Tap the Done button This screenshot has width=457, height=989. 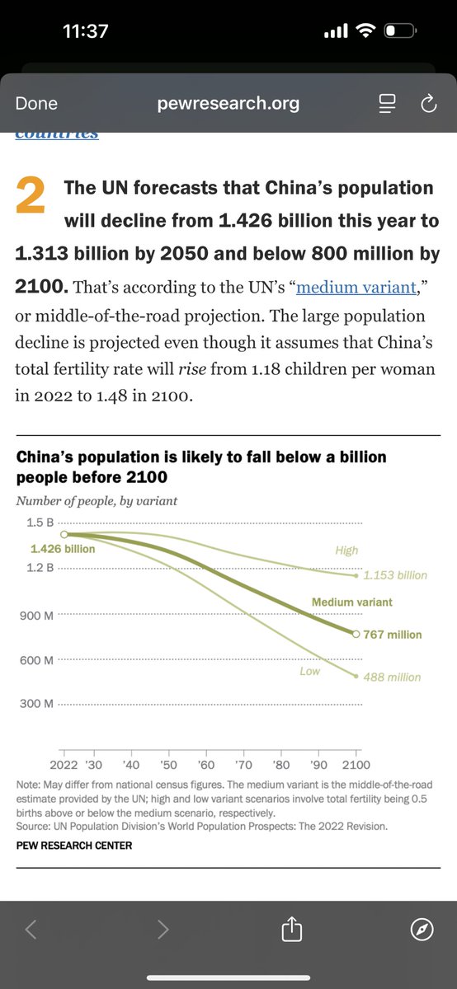click(36, 103)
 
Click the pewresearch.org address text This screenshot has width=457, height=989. click(228, 103)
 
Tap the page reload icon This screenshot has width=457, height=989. click(427, 103)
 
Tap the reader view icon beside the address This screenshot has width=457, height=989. click(387, 103)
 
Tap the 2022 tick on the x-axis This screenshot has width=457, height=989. click(74, 766)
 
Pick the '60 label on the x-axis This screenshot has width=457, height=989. click(206, 766)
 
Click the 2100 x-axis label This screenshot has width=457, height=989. click(356, 766)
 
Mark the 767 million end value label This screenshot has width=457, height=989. click(393, 635)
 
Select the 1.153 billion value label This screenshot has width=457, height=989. click(395, 575)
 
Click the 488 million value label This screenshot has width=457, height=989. click(393, 677)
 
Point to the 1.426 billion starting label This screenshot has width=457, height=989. click(63, 549)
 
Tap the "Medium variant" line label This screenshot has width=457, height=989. click(351, 602)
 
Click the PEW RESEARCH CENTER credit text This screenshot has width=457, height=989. click(73, 845)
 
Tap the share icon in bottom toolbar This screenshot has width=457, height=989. click(292, 930)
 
